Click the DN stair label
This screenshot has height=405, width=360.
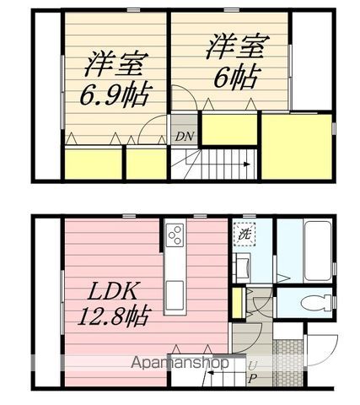pos(183,137)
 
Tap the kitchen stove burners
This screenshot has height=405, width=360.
pos(175,234)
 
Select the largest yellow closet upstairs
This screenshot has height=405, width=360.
pos(296,145)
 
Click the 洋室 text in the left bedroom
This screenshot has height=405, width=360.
pos(114,65)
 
